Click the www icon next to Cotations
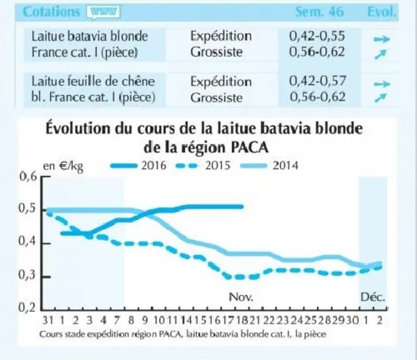[x=103, y=12]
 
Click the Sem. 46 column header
[x=319, y=12]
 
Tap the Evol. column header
[x=381, y=12]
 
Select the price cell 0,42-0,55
[x=317, y=36]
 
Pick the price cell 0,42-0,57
[x=318, y=81]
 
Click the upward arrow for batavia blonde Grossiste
[x=380, y=54]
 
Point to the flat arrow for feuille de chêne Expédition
[x=382, y=84]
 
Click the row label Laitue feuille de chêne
[x=93, y=81]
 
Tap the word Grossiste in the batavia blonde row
[x=216, y=52]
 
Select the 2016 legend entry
[x=138, y=166]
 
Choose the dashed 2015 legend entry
[x=203, y=166]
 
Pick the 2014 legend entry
[x=269, y=166]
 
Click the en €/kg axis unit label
[x=63, y=166]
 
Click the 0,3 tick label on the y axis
[x=27, y=276]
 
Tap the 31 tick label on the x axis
[x=48, y=321]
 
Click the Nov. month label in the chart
[x=241, y=297]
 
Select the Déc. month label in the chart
[x=373, y=297]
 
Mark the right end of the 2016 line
[x=242, y=207]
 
